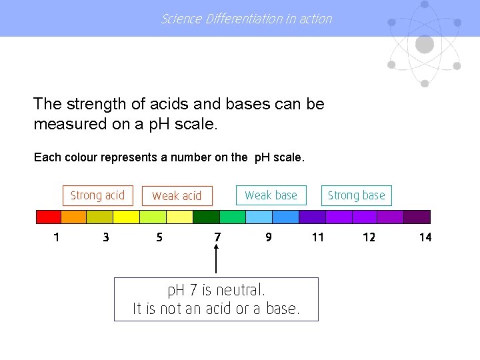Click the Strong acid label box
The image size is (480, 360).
click(97, 195)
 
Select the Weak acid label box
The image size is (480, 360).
click(177, 196)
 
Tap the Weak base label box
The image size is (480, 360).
click(271, 195)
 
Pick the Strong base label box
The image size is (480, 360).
click(357, 195)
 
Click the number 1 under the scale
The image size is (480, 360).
click(56, 237)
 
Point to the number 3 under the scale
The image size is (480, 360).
click(106, 237)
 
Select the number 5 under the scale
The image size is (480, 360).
click(159, 237)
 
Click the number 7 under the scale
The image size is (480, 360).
click(217, 237)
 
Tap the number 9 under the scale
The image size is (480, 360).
click(268, 237)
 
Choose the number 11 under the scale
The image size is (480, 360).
click(318, 237)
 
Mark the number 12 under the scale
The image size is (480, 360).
click(369, 237)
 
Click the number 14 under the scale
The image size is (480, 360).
click(425, 237)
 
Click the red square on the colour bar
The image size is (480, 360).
click(48, 217)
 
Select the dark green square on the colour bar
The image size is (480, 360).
click(206, 217)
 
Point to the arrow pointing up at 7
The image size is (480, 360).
click(216, 260)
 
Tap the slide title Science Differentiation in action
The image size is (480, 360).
click(247, 19)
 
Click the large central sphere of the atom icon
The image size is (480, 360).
click(425, 45)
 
